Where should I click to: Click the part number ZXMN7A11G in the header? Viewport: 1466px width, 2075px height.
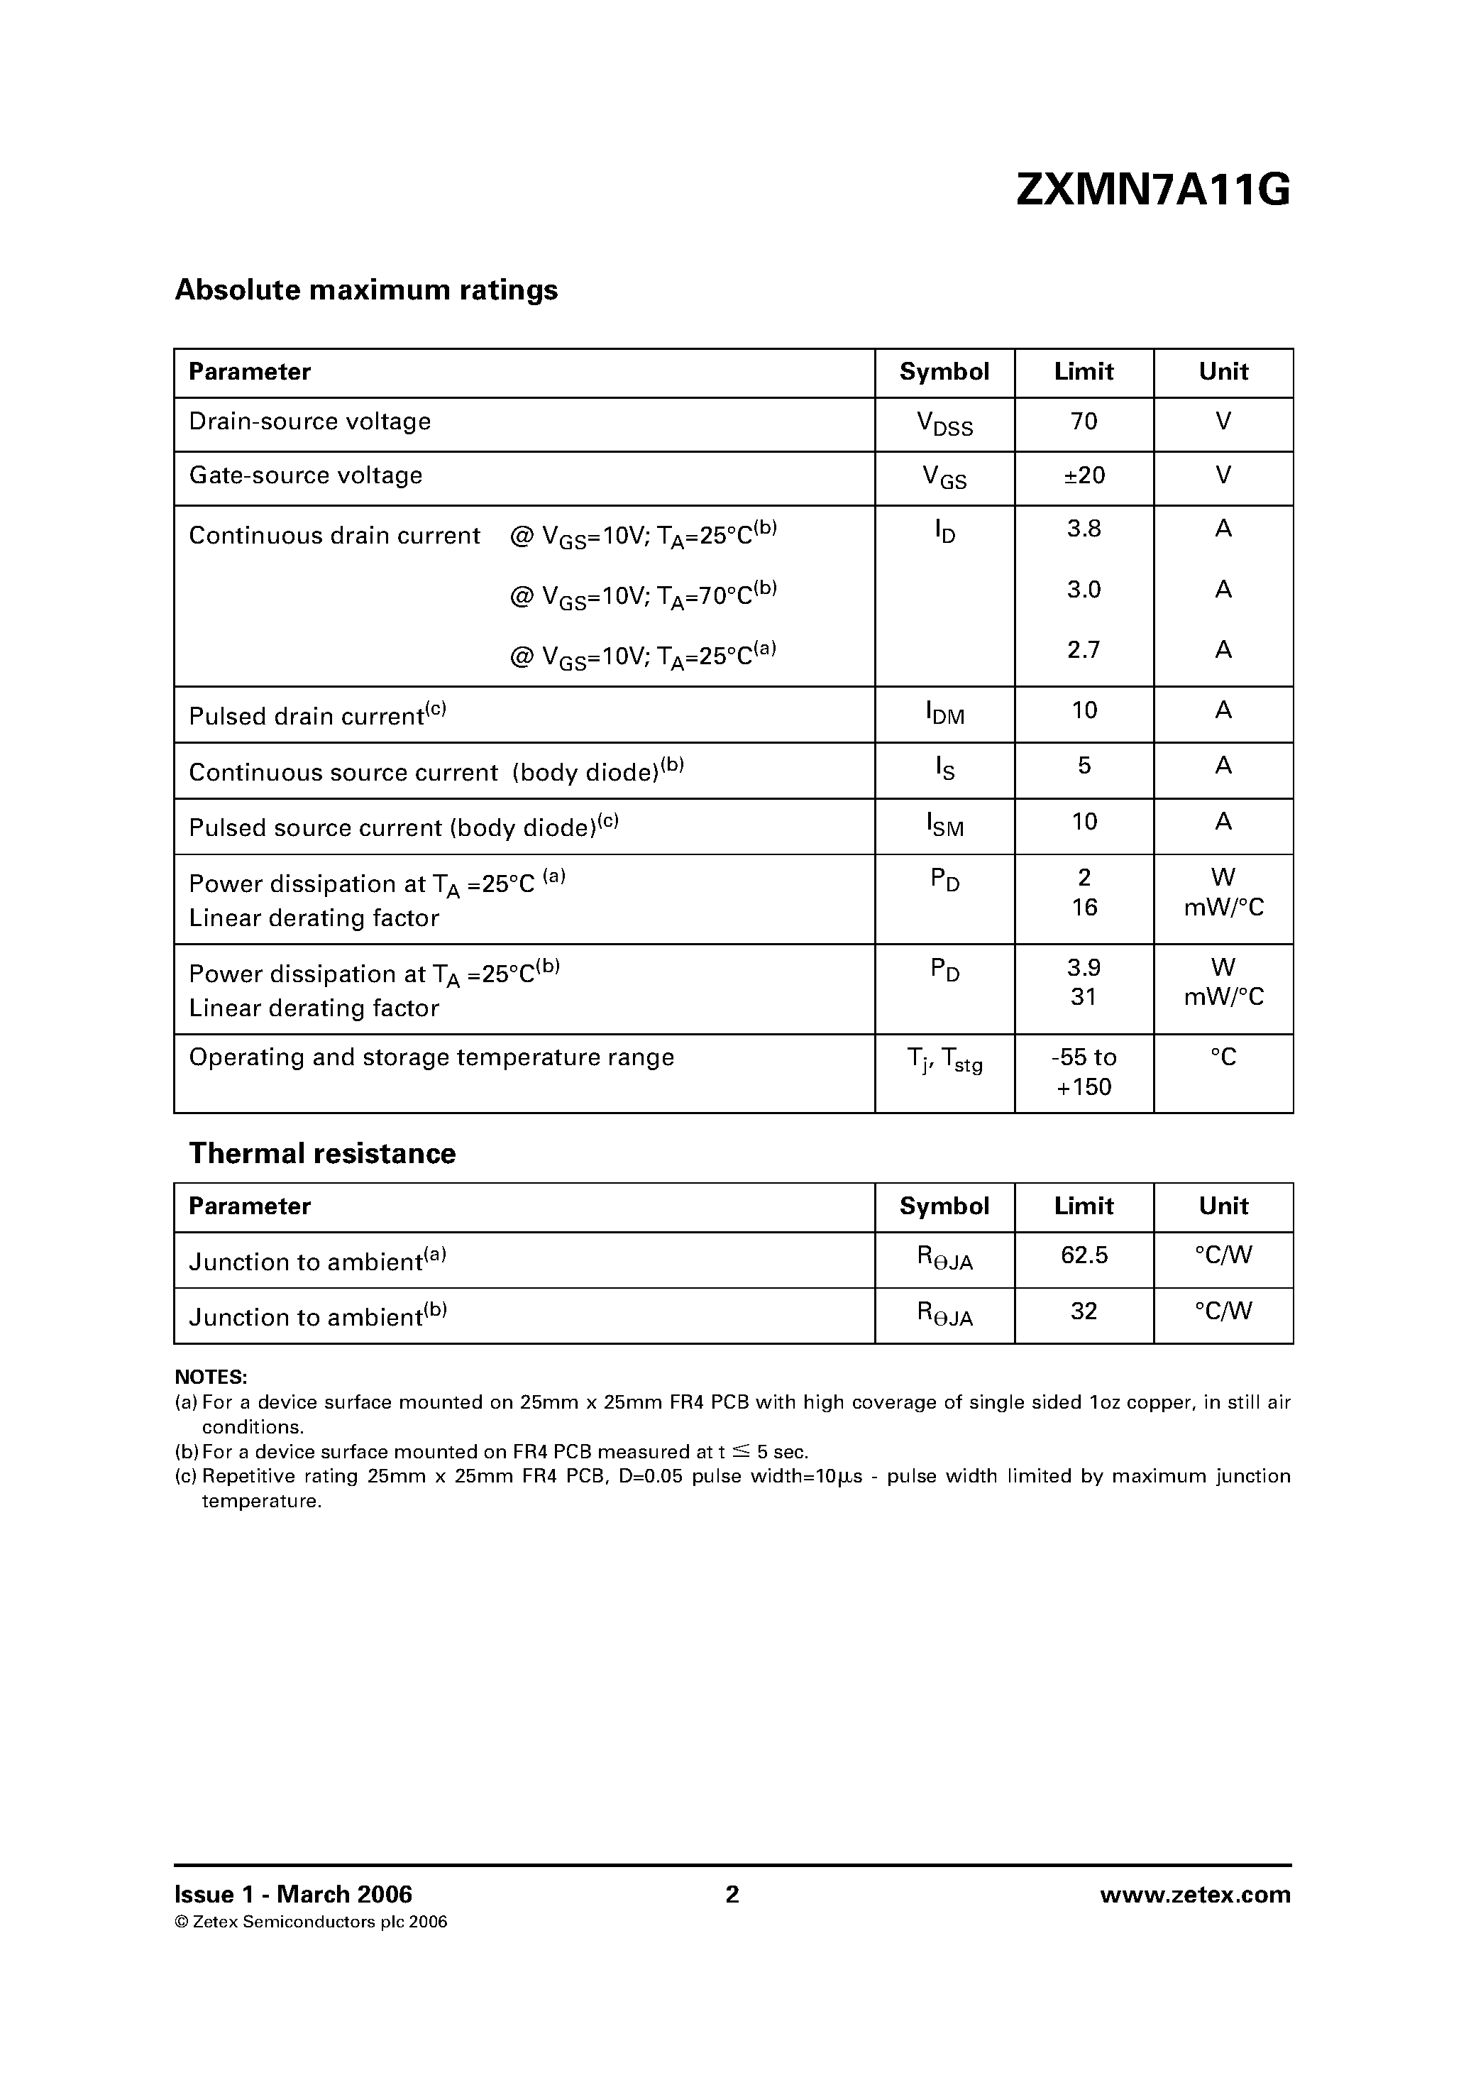pyautogui.click(x=1152, y=191)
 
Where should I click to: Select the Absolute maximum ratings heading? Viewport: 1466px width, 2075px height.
pyautogui.click(x=366, y=290)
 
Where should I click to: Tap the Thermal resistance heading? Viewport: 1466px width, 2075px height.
pyautogui.click(x=321, y=1153)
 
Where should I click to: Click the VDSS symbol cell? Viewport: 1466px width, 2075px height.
pyautogui.click(x=944, y=424)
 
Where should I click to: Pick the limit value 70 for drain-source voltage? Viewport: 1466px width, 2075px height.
pyautogui.click(x=1083, y=421)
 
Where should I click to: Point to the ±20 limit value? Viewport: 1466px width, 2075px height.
pyautogui.click(x=1083, y=475)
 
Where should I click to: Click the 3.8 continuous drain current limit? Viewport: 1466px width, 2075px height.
pyautogui.click(x=1083, y=529)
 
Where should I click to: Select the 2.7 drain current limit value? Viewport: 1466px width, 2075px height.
pyautogui.click(x=1083, y=650)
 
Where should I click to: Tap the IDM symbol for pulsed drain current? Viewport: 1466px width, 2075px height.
pyautogui.click(x=944, y=713)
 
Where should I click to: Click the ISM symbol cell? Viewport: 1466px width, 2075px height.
pyautogui.click(x=944, y=824)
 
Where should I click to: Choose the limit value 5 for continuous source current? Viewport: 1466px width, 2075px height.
pyautogui.click(x=1084, y=766)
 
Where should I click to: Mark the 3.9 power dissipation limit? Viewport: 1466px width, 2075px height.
pyautogui.click(x=1083, y=968)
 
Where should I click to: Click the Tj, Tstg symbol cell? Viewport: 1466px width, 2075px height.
pyautogui.click(x=944, y=1060)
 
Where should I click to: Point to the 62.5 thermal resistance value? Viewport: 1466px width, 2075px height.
pyautogui.click(x=1083, y=1255)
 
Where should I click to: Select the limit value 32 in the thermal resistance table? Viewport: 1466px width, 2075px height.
pyautogui.click(x=1083, y=1311)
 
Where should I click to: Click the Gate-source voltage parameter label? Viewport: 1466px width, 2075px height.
pyautogui.click(x=306, y=475)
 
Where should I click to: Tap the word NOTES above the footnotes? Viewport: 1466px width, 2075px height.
pyautogui.click(x=211, y=1377)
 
